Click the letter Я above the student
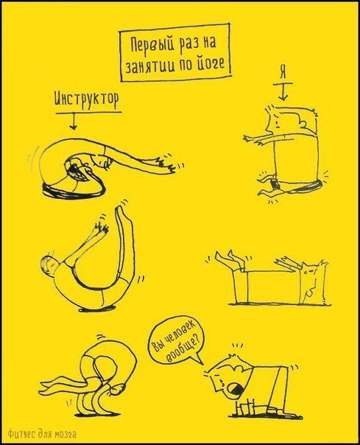pyautogui.click(x=283, y=73)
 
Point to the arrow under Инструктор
pyautogui.click(x=74, y=121)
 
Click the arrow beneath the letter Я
pyautogui.click(x=283, y=92)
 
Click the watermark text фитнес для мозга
pyautogui.click(x=42, y=434)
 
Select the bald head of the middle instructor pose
pyautogui.click(x=49, y=264)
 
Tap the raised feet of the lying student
pyautogui.click(x=226, y=258)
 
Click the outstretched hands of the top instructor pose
pyautogui.click(x=166, y=165)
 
